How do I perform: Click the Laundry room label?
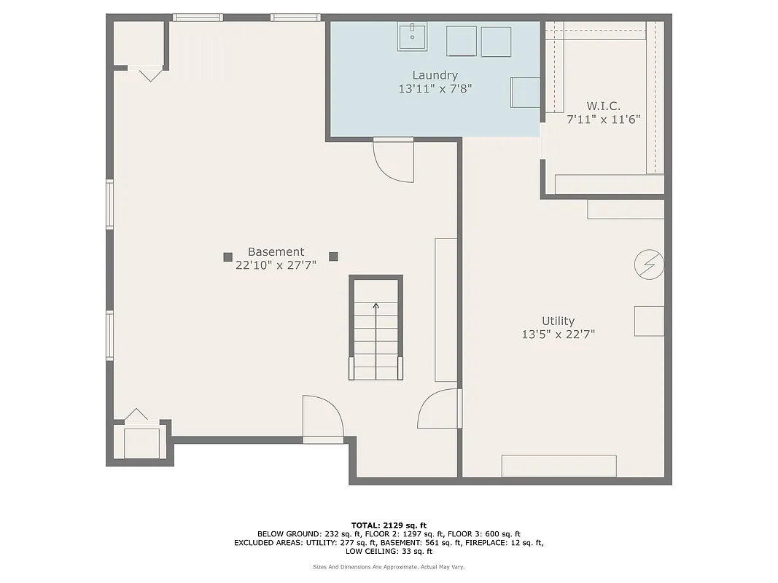[435, 75]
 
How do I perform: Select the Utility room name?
[558, 321]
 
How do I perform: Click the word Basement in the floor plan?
[276, 251]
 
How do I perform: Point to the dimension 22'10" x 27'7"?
[276, 266]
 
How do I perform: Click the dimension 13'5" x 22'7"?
[558, 335]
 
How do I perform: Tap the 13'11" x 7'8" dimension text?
[435, 89]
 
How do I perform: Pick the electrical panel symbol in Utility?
[649, 265]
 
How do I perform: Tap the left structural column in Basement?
[227, 257]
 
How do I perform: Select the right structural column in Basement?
[333, 256]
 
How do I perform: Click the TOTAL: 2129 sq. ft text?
[389, 525]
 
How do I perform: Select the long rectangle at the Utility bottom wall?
[559, 466]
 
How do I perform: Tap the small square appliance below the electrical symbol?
[648, 321]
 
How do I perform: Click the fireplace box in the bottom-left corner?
[141, 442]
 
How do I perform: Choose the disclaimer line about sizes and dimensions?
[389, 567]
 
